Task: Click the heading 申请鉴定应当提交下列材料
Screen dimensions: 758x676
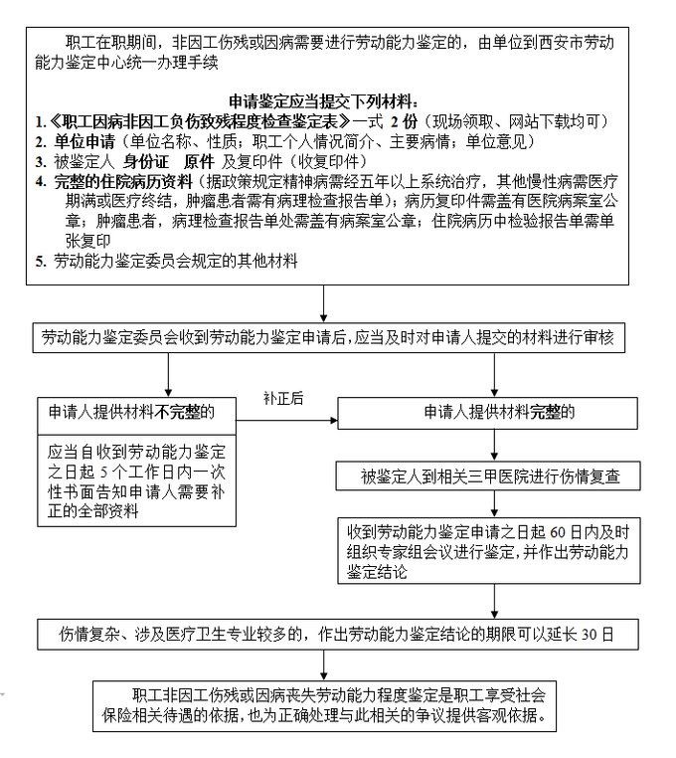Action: point(324,102)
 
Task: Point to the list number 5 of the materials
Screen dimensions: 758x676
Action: point(40,262)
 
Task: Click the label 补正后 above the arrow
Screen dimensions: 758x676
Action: point(283,397)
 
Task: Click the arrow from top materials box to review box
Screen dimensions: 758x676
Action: point(324,302)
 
